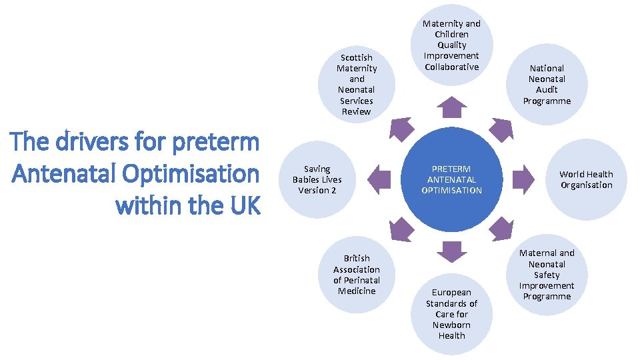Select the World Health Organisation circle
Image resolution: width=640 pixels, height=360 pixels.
586,179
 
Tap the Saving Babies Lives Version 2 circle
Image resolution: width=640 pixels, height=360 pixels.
317,179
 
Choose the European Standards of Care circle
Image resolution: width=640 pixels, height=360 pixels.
451,314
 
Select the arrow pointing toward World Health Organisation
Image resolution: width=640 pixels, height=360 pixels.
523,177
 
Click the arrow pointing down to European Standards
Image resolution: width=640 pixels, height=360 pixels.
452,250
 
